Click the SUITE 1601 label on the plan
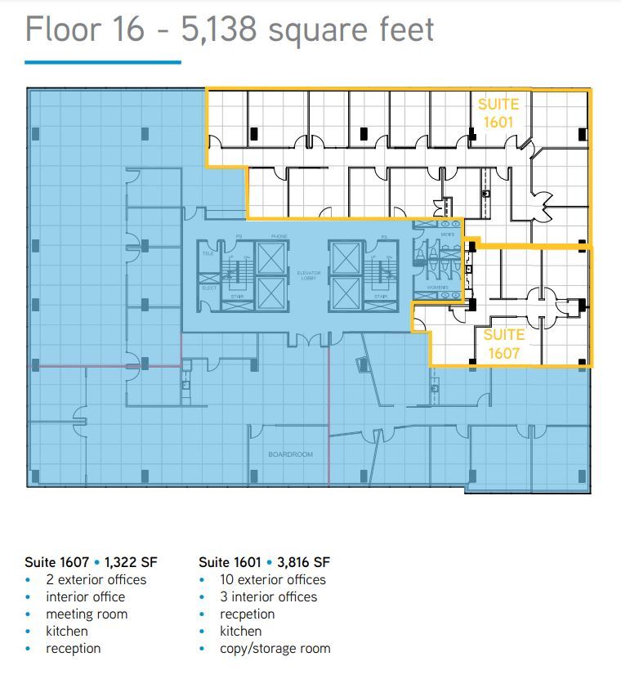pos(498,114)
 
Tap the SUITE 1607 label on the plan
pos(503,344)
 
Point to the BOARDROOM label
pos(290,454)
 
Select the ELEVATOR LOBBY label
pos(308,275)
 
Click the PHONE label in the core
pos(279,237)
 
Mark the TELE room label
pos(208,254)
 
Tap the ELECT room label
pos(208,288)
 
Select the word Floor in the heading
pos(64,29)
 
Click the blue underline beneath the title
pos(102,61)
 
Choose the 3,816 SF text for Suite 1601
pos(305,562)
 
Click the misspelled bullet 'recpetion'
pos(247,614)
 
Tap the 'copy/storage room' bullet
pos(275,648)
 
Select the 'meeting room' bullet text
pos(87,614)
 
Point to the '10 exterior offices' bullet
pos(272,579)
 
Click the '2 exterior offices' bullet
pos(96,579)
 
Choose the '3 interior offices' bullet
pos(268,596)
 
